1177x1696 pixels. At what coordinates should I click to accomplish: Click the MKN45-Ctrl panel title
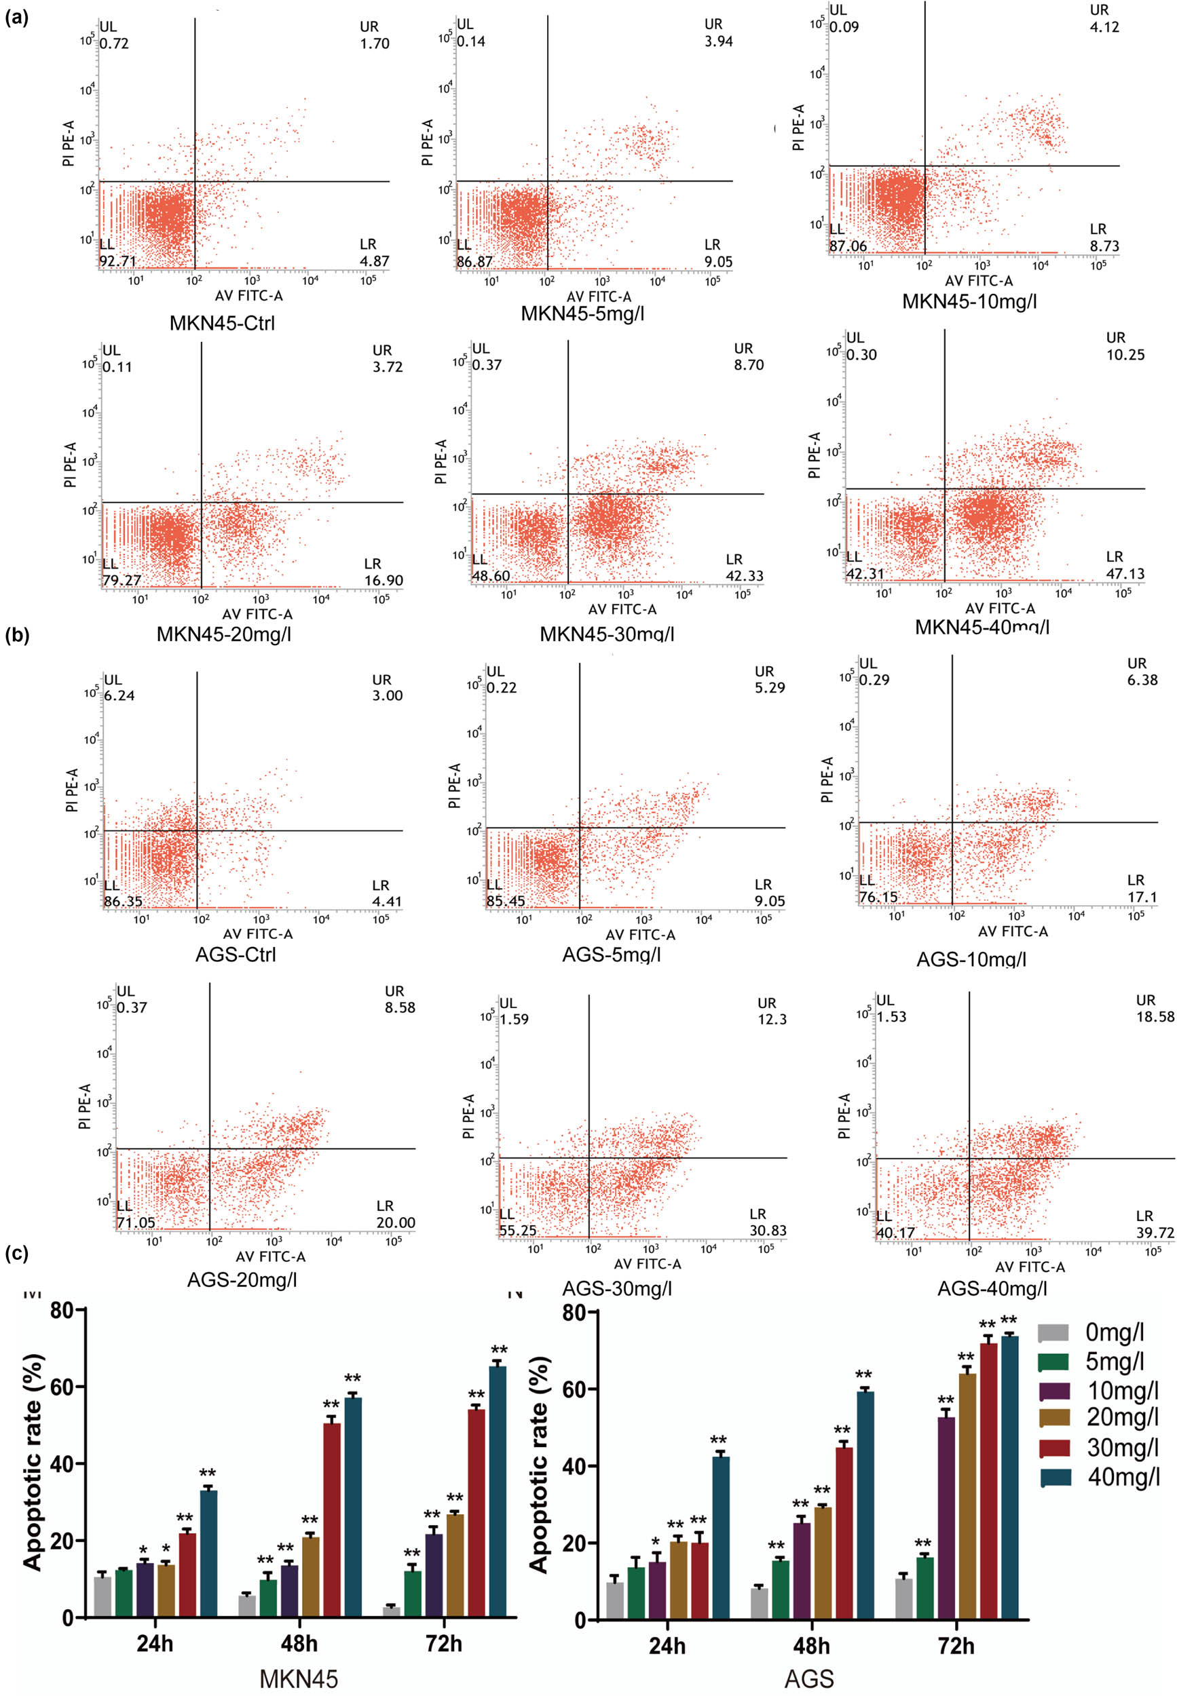(222, 323)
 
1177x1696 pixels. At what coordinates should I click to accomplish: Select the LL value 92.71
(118, 261)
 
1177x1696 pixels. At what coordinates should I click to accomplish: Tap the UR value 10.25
(1125, 355)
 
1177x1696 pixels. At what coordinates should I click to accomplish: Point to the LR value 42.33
(744, 576)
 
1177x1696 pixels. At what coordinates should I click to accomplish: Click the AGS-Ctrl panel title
(236, 955)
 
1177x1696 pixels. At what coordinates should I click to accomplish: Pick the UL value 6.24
(119, 695)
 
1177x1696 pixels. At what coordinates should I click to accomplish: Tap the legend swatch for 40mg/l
(1054, 1477)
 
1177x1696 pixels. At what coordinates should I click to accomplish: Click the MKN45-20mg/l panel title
(223, 633)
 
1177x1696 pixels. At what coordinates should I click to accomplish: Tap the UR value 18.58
(1155, 1016)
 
